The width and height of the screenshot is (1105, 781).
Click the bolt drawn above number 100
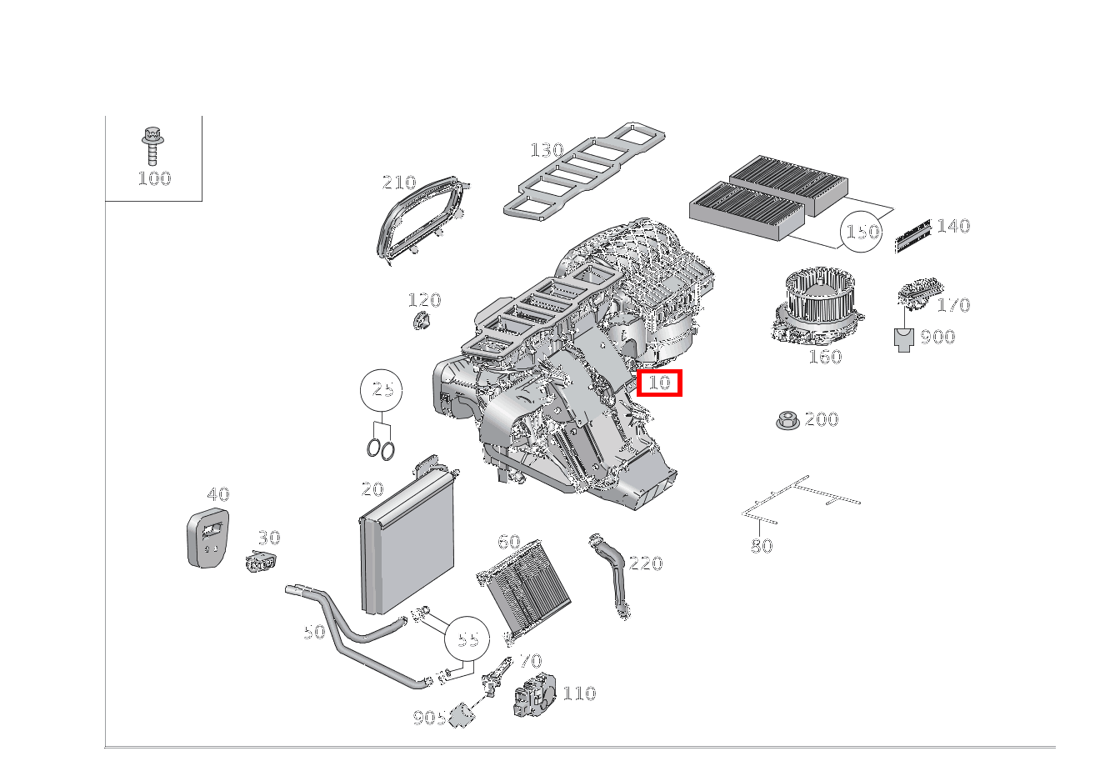coord(152,146)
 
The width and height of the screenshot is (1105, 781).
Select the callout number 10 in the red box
coord(659,383)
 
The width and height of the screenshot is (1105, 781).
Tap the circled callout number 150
coord(862,231)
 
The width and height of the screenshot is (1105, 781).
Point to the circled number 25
coord(382,389)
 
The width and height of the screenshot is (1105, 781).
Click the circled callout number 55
coord(467,638)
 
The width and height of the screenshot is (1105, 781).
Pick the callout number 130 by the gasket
coord(547,150)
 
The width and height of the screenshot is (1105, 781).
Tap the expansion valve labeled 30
coord(262,563)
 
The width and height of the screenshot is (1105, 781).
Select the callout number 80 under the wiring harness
coord(762,546)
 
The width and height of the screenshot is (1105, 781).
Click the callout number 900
coord(937,337)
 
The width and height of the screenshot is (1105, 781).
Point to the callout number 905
coord(429,717)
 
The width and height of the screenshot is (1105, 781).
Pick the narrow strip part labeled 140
coord(912,236)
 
